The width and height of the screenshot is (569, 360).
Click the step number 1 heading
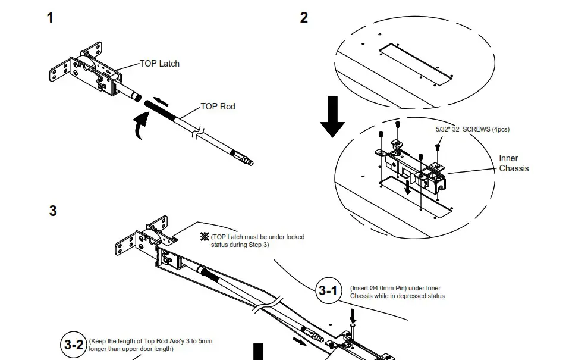point(50,18)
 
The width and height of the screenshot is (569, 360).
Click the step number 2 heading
point(304,18)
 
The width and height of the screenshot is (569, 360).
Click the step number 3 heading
point(53,211)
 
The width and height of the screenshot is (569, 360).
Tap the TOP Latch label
point(159,64)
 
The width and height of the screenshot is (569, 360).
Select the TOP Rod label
point(218,107)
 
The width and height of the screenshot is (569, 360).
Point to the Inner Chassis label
point(513,163)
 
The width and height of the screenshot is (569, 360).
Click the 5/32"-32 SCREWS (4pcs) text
point(472,129)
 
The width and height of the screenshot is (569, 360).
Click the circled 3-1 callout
point(328,291)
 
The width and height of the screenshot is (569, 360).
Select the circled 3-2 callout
point(74,345)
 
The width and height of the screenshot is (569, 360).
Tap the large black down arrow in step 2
point(332,116)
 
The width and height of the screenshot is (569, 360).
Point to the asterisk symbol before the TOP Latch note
point(205,237)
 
